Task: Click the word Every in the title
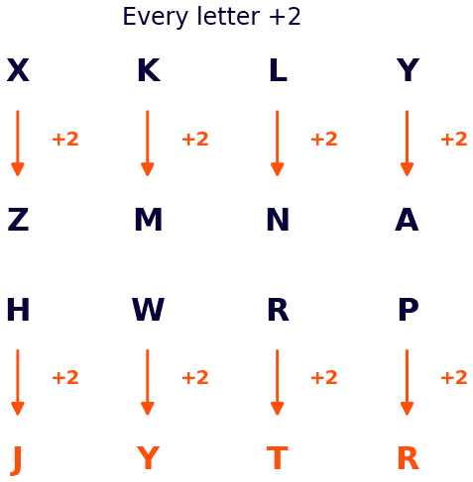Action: [x=155, y=17]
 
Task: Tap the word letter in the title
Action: [x=228, y=16]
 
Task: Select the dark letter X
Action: [x=18, y=70]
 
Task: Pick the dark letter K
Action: [x=149, y=70]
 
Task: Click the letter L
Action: [x=279, y=70]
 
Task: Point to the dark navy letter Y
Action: [x=408, y=70]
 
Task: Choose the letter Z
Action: [x=18, y=219]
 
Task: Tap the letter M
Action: [x=149, y=219]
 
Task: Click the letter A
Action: [x=407, y=219]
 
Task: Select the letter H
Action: [x=18, y=309]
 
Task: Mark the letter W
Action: [x=148, y=309]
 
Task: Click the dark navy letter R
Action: [x=279, y=309]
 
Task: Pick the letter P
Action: [x=409, y=309]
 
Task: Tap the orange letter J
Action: [x=16, y=461]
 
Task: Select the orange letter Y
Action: [x=148, y=458]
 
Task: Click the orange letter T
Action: [x=278, y=458]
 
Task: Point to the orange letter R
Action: [x=409, y=458]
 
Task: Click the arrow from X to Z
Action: [x=18, y=144]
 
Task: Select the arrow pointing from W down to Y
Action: [x=148, y=382]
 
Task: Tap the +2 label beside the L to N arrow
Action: [x=324, y=139]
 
